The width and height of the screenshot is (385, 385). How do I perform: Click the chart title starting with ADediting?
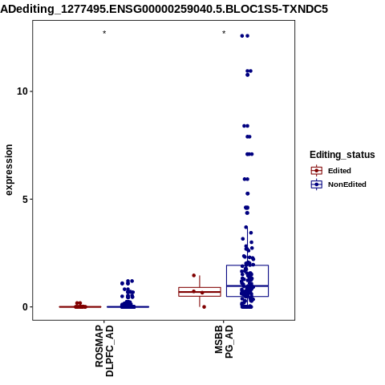tap(164, 10)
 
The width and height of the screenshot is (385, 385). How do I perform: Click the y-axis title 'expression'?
tap(9, 170)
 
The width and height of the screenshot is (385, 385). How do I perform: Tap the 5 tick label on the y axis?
tap(25, 199)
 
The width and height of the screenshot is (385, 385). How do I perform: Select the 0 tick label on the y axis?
tap(25, 307)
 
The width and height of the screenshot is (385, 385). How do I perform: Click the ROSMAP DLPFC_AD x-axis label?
tap(104, 351)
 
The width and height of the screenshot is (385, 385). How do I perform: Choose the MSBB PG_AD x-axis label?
tap(224, 342)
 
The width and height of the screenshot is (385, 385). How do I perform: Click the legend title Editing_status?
tap(342, 155)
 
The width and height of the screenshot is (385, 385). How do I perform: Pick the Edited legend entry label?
tap(339, 171)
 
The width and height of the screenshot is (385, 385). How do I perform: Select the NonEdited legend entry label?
tap(347, 184)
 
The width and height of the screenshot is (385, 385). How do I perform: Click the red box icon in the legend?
tap(317, 171)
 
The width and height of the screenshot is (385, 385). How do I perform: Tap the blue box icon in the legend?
tap(317, 184)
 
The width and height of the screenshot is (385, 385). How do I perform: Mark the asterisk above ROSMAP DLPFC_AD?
tap(104, 33)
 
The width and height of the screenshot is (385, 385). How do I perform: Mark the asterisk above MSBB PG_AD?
tap(224, 33)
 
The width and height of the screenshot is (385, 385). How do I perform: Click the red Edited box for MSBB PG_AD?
tap(200, 292)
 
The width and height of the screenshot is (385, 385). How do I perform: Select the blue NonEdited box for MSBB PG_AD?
tap(247, 281)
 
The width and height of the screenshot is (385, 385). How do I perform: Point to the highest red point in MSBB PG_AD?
tap(194, 275)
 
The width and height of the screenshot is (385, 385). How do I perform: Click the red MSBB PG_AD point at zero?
tap(204, 307)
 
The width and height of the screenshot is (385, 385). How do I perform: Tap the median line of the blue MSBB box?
tap(247, 286)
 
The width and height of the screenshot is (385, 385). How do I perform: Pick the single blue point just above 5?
tap(248, 193)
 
